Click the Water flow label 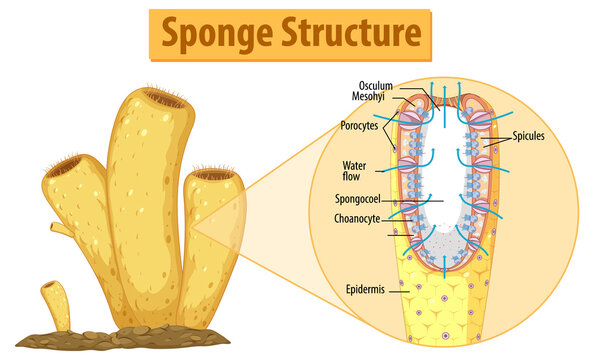(357, 171)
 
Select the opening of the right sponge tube (213, 175)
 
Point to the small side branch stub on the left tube (62, 231)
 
